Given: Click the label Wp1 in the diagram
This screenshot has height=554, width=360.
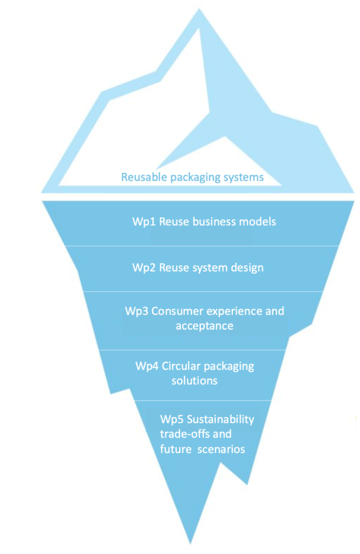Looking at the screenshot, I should coord(142,222).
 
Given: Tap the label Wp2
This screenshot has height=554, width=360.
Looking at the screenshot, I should coord(142,267).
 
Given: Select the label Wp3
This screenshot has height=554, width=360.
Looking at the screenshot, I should coord(135,312).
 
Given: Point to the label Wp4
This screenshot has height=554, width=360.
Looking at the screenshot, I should coord(146,366).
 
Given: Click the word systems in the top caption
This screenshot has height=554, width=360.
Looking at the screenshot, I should coord(244,177).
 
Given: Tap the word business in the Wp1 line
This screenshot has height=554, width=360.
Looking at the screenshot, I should coord(216,222).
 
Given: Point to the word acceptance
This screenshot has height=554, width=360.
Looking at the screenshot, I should coord(204,326).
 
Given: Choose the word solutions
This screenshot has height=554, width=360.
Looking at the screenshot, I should coord(194,380).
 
